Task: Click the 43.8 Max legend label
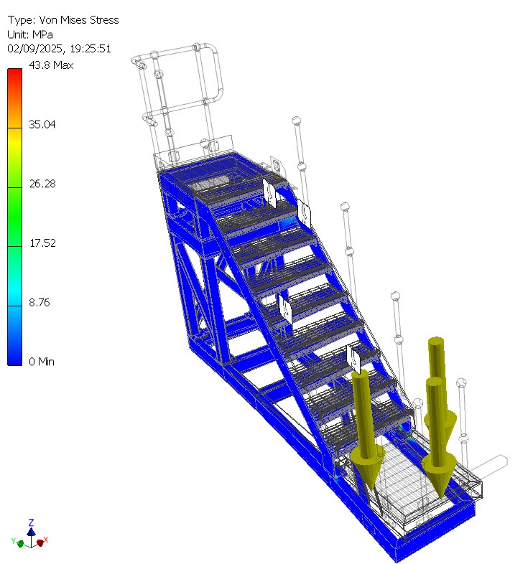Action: (x=51, y=65)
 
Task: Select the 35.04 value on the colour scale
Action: (x=42, y=124)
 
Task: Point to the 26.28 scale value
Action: (x=42, y=184)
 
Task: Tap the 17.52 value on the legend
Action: (x=42, y=243)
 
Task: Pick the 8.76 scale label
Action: (x=40, y=303)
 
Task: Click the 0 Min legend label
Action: (x=42, y=362)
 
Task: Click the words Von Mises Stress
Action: (x=79, y=20)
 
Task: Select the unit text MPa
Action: (x=42, y=34)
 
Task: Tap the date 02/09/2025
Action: (x=36, y=49)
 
